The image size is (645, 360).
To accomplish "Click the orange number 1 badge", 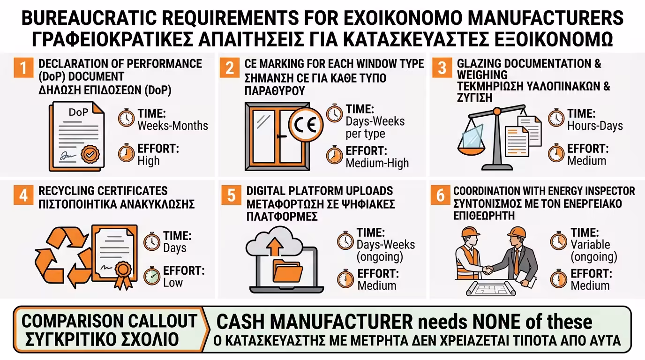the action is [23, 68].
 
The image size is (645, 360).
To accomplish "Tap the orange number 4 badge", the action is [23, 195].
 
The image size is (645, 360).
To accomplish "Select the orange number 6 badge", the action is [440, 195].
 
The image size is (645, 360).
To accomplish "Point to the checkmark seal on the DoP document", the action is [90, 154].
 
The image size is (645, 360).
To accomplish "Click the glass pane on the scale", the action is [472, 136].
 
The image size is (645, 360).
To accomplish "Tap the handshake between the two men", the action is [487, 270].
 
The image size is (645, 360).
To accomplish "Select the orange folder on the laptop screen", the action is [287, 271].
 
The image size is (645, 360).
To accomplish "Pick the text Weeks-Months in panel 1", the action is [173, 126].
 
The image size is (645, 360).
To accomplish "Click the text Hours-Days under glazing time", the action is [595, 126].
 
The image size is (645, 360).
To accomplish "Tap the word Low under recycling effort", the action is [173, 283].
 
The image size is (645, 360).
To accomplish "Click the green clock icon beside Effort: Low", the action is [152, 276].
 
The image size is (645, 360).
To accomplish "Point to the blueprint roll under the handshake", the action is [491, 288].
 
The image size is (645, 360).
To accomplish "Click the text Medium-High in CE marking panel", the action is [377, 163].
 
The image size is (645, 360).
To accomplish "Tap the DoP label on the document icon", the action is [78, 112].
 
